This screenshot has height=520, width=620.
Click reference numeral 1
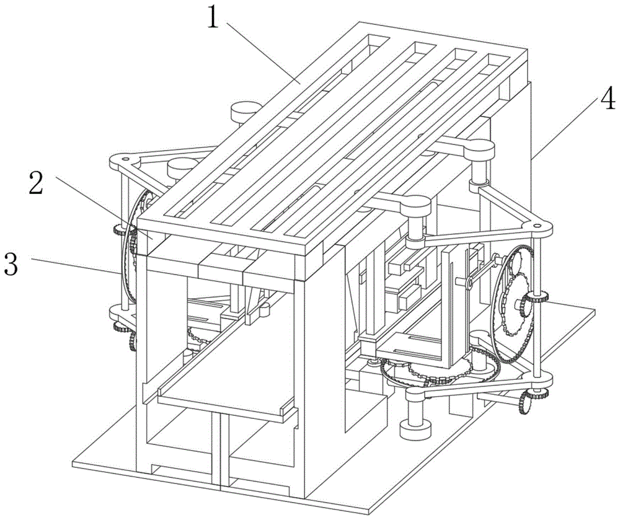click(213, 17)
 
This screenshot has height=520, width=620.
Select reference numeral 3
click(12, 263)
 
